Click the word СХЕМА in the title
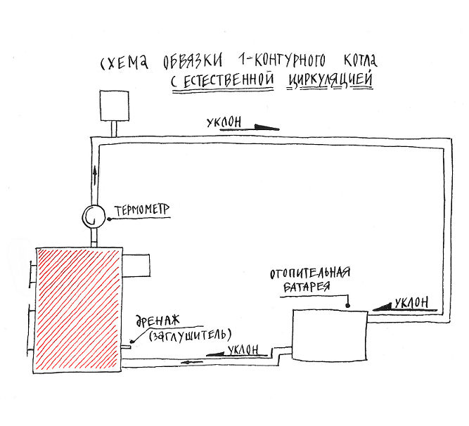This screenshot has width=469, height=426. pos(124,62)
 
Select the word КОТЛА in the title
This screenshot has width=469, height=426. pos(360,60)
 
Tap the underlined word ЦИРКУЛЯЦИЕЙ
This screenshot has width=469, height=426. pos(330,79)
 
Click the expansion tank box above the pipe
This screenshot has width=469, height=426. pos(114,105)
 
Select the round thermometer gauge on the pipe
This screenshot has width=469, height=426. pos(94,217)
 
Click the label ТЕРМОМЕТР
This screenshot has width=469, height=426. pos(142,210)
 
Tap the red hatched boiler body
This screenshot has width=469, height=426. pos(77,310)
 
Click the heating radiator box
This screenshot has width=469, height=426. pos(330,335)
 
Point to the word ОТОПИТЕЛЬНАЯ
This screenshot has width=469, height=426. pos(310,273)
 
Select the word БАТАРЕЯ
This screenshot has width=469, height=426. pos(307,286)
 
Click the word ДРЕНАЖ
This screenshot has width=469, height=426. pos(158,321)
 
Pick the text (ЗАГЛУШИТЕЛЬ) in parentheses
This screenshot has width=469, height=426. pos(190,335)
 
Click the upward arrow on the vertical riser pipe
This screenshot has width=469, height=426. pos(95,176)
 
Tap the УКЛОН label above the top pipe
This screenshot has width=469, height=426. pos(224,122)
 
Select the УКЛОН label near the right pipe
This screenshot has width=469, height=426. pos(411,303)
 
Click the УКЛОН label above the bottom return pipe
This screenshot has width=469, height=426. pos(243,349)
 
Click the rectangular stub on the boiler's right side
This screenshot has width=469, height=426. pos(136,266)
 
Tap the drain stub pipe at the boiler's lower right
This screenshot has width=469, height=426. pos(127,347)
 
